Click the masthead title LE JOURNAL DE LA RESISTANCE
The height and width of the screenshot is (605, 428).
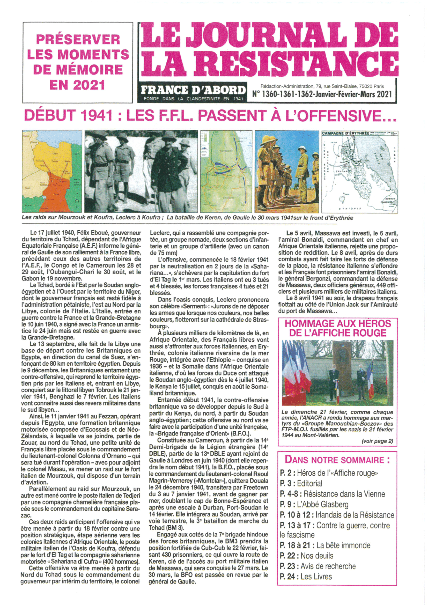tap(269, 50)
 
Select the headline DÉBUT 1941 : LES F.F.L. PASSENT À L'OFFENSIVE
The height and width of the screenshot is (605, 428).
tap(210, 116)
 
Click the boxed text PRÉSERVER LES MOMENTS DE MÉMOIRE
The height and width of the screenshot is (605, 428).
tap(78, 62)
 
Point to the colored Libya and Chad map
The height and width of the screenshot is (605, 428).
tap(52, 171)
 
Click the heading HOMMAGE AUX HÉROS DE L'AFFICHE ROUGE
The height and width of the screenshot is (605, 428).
tap(338, 328)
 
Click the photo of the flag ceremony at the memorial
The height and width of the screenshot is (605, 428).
tap(337, 373)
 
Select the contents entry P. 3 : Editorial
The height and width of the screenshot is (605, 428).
tap(301, 484)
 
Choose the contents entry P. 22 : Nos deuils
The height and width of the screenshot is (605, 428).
tap(306, 556)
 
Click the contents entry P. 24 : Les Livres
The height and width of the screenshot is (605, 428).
tap(306, 577)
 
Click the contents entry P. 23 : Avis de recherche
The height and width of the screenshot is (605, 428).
tap(318, 566)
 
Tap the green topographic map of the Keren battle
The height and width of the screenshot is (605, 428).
tap(226, 171)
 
